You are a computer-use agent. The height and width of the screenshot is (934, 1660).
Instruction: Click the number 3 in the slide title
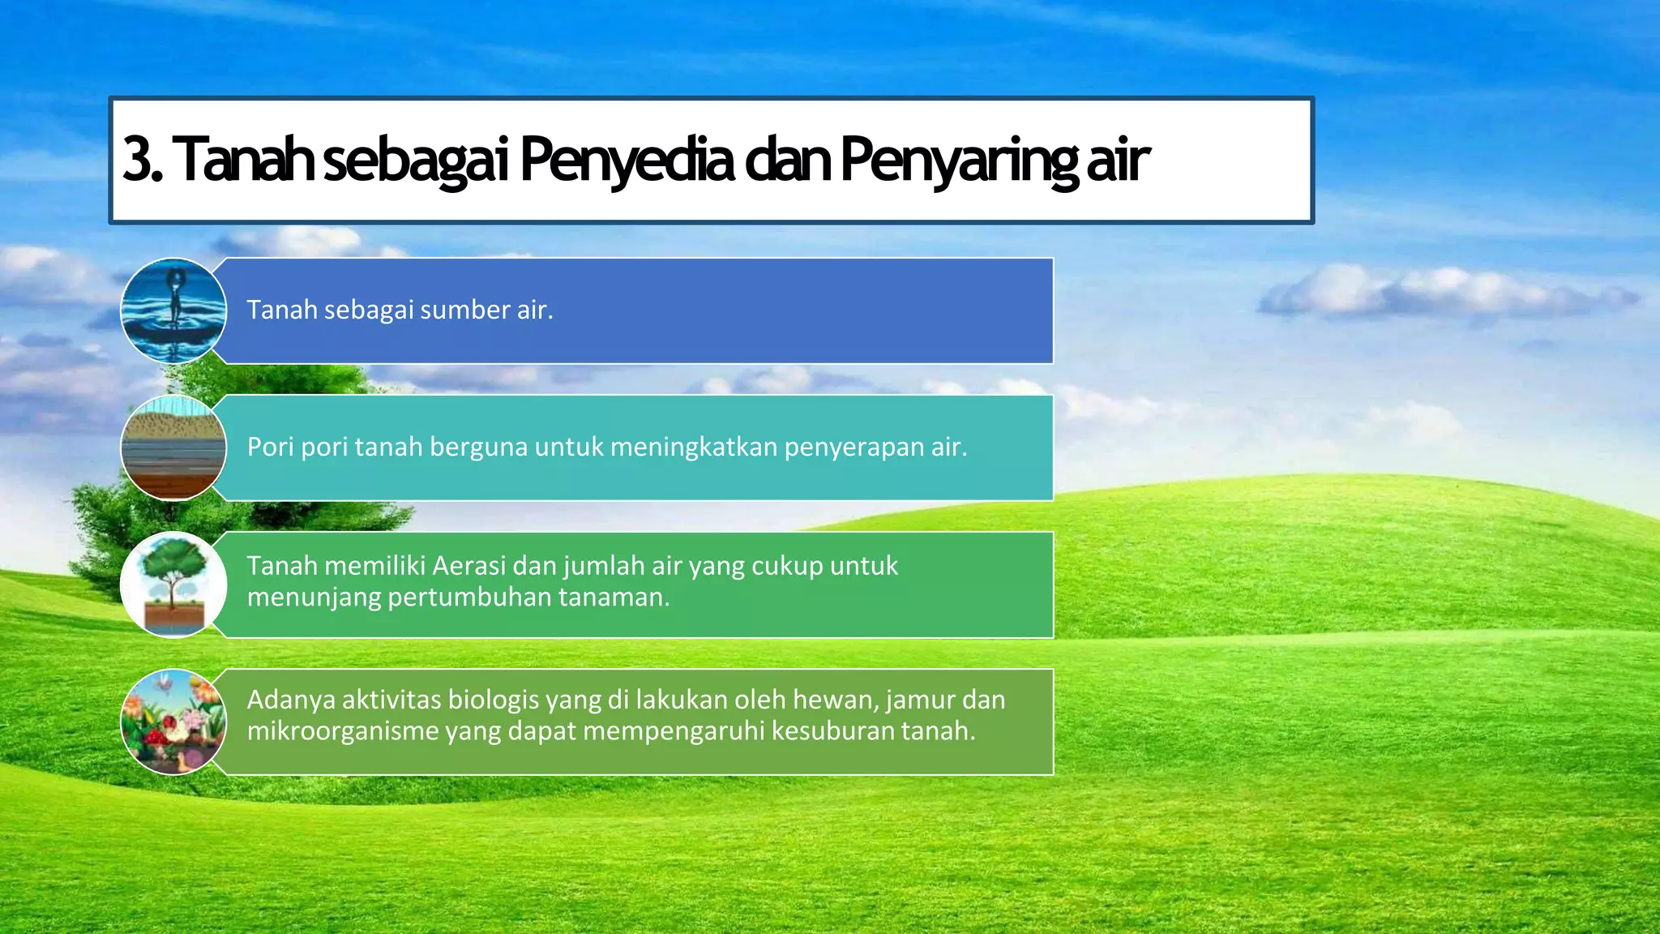click(138, 159)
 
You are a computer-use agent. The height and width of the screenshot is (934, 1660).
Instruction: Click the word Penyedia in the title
click(626, 159)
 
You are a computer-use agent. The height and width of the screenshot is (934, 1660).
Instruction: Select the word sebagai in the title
click(415, 159)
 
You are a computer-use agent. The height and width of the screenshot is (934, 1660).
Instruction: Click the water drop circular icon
click(173, 311)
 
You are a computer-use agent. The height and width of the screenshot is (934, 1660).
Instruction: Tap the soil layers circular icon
click(173, 448)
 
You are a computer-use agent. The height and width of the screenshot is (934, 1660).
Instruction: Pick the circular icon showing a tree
click(173, 585)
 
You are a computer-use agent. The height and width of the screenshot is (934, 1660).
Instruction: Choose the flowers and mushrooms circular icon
click(173, 722)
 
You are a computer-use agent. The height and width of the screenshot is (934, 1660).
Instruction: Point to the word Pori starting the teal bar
click(270, 447)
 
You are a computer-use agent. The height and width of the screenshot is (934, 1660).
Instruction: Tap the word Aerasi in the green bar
click(468, 565)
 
